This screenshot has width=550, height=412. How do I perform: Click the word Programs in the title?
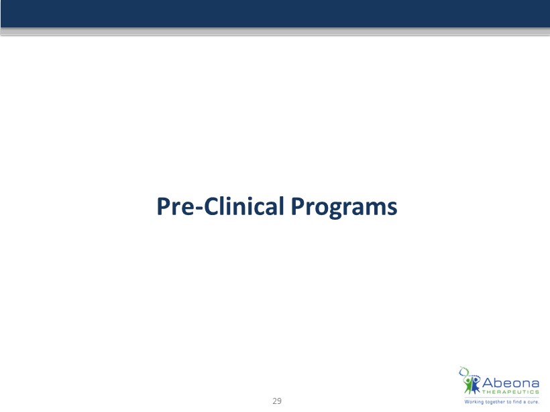pos(344,207)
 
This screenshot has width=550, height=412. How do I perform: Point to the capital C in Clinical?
pos(211,206)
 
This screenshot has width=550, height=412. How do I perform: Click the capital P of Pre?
pos(163,206)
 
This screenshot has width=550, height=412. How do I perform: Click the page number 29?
pos(277,401)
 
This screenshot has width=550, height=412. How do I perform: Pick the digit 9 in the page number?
pos(279,401)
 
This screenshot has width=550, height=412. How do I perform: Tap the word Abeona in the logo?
pos(510,383)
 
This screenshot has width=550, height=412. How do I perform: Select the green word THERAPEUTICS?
pos(510,392)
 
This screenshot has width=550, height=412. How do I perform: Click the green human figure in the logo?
pos(468,385)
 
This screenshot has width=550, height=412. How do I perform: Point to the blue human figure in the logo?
pos(476,385)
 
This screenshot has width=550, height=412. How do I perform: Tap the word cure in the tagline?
pos(533,402)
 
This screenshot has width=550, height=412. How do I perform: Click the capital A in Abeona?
pos(488,383)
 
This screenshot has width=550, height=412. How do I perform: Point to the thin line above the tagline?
pos(502,398)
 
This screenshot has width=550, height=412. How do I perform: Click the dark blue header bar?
pos(275,13)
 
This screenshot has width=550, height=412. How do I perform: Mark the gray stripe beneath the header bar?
pos(275,31)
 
